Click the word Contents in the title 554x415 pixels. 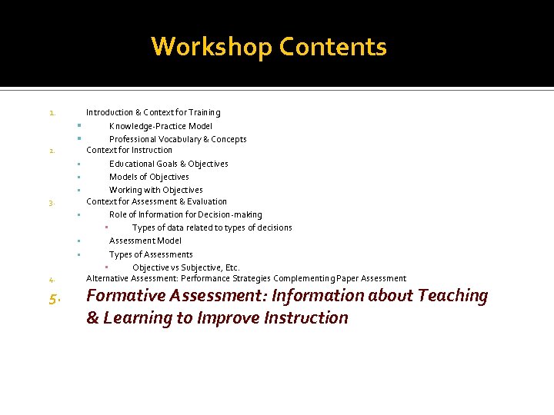[x=333, y=48]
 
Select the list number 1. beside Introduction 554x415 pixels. [x=51, y=114]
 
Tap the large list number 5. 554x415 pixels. [x=52, y=299]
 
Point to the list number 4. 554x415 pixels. [x=51, y=280]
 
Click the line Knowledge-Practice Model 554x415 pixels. [x=160, y=126]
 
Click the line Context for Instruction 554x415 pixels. [x=129, y=150]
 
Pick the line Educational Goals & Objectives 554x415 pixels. [x=169, y=164]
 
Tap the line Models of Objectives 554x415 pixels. [x=149, y=177]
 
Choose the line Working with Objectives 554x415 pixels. [x=155, y=190]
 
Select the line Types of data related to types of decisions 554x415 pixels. [x=212, y=227]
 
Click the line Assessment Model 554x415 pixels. [x=145, y=241]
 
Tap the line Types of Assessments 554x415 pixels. [x=151, y=254]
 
